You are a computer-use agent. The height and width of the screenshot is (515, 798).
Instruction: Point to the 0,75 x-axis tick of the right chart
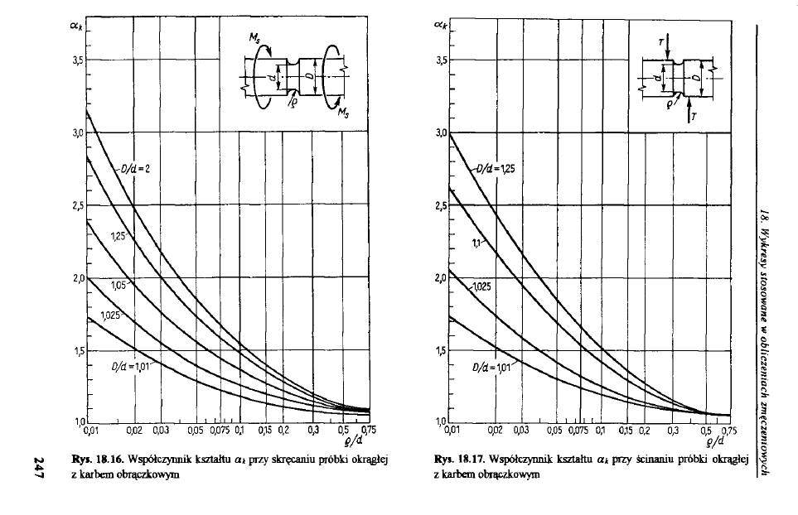(729, 431)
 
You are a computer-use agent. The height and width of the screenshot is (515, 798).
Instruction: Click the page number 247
(41, 466)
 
